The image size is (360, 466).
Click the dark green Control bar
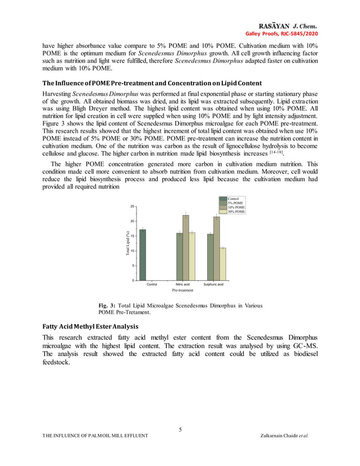[x=143, y=254]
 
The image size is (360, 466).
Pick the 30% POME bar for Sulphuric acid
[x=223, y=263]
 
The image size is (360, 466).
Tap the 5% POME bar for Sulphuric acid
[x=210, y=257]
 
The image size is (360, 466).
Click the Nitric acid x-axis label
[x=182, y=284]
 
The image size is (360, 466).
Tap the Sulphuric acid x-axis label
[x=213, y=284]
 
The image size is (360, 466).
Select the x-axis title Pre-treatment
[x=182, y=290]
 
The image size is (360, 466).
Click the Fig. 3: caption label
[x=107, y=305]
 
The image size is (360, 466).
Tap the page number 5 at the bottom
[x=180, y=430]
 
